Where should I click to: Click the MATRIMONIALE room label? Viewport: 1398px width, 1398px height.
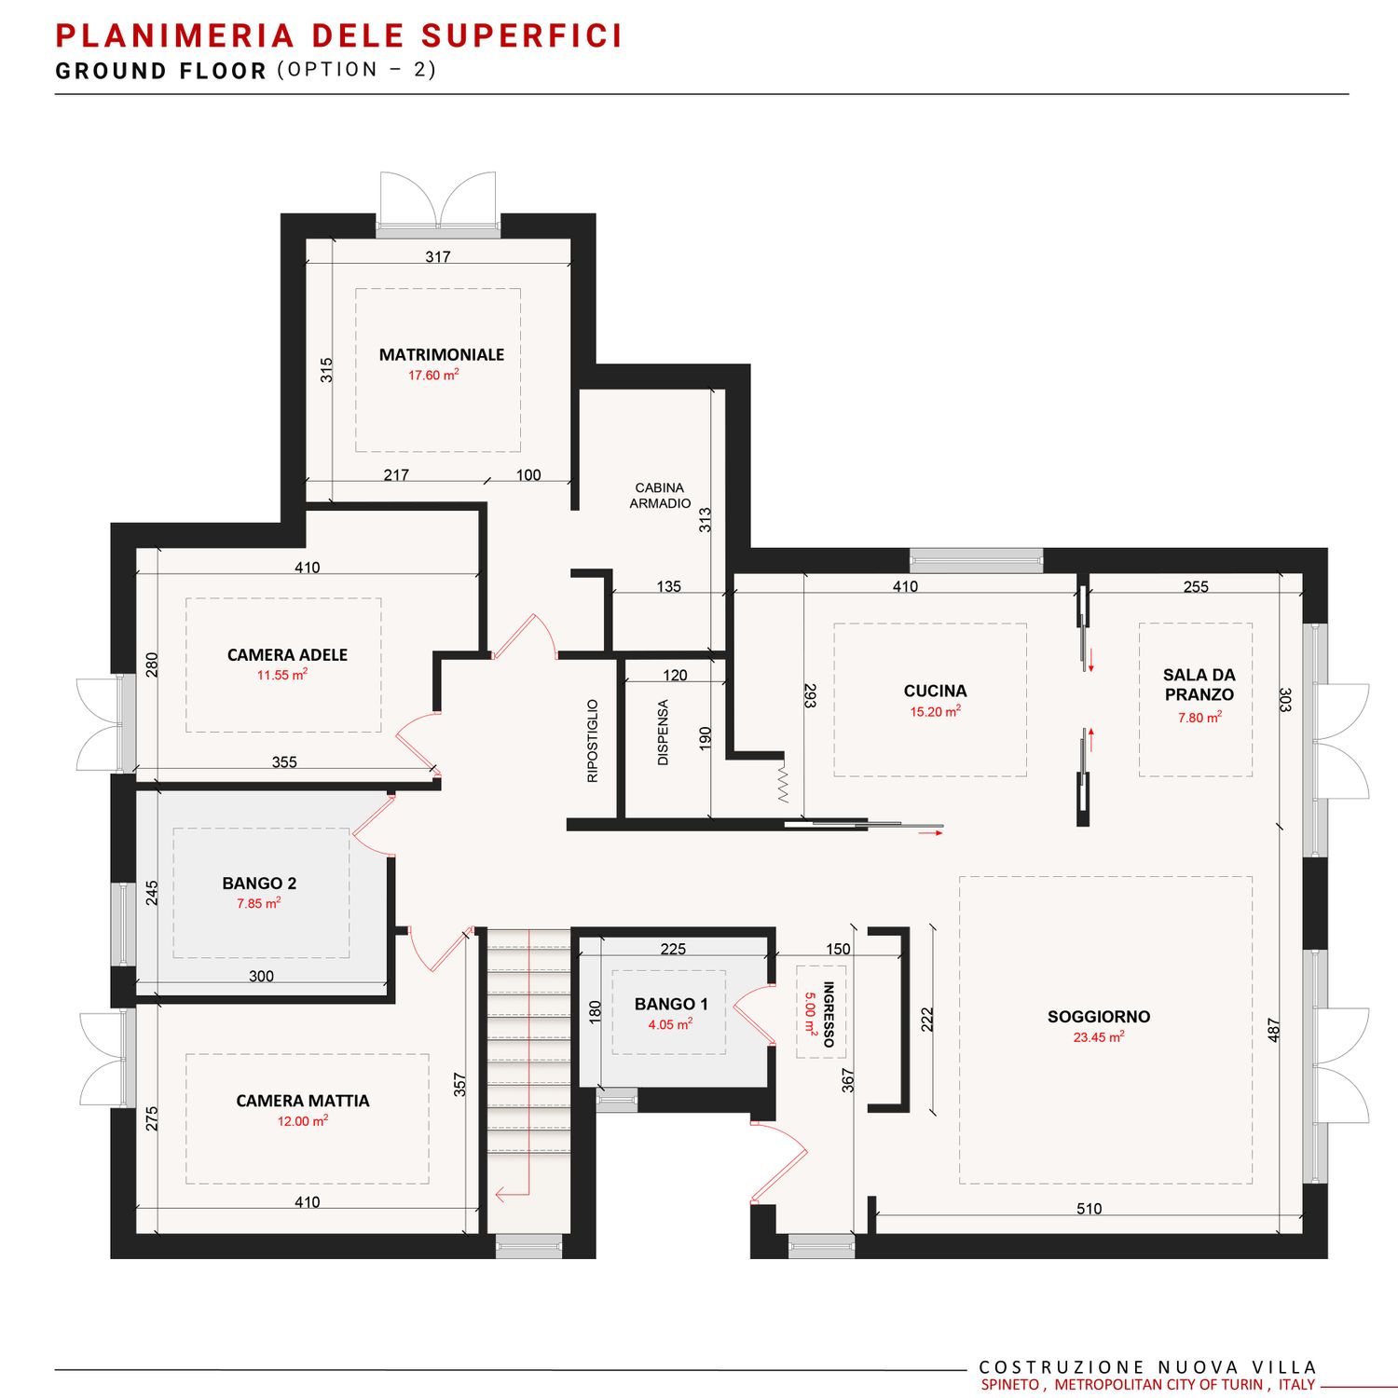[x=441, y=354]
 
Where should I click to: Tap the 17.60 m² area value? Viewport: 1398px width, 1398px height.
[x=433, y=375]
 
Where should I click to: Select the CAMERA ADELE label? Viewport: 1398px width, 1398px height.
[x=287, y=655]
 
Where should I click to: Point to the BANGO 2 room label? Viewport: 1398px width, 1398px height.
[x=259, y=883]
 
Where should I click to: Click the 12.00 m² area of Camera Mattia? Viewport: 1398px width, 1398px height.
[x=303, y=1120]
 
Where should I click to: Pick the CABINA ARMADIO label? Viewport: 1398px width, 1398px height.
[x=660, y=495]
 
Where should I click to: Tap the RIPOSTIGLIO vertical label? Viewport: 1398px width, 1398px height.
[x=593, y=741]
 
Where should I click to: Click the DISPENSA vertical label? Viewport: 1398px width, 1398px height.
[x=664, y=733]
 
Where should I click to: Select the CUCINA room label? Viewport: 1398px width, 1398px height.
[x=935, y=691]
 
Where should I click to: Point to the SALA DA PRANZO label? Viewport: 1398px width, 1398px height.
[x=1199, y=684]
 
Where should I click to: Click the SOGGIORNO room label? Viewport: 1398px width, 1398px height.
[x=1099, y=1017]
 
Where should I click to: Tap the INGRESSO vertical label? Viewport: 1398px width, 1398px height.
[x=829, y=1014]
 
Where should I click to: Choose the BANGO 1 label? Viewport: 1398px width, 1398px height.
[x=671, y=1004]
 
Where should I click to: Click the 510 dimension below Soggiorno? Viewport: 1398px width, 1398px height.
[x=1089, y=1209]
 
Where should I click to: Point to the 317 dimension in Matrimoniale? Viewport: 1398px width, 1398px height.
[x=438, y=256]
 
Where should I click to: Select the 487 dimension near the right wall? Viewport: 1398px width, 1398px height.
[x=1274, y=1030]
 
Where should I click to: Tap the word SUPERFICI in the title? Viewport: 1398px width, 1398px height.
[x=522, y=35]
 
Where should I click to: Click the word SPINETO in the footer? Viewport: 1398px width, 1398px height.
[x=1011, y=1385]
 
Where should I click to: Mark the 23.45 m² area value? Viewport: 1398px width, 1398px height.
[x=1099, y=1036]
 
